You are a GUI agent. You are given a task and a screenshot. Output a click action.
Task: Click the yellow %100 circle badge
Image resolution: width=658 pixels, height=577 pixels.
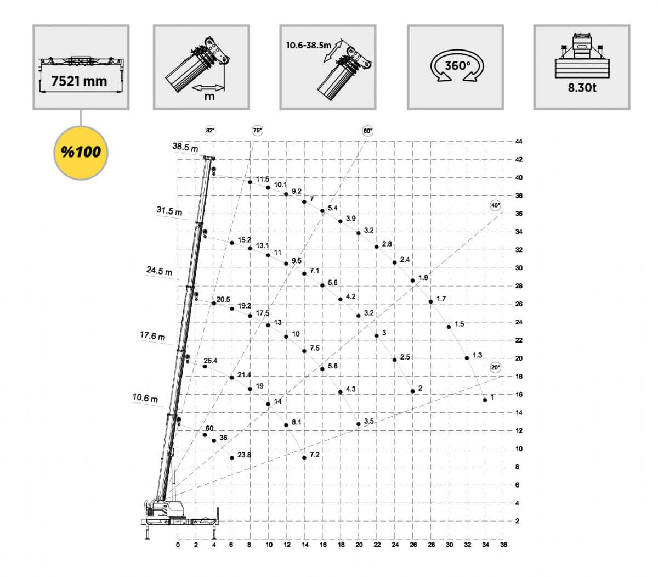81,153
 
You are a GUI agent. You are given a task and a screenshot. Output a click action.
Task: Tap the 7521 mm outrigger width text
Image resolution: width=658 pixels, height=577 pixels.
79,81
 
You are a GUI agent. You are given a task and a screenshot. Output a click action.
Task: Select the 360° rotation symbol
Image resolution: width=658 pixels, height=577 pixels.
457,66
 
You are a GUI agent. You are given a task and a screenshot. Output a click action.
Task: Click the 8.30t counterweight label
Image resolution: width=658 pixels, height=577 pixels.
582,88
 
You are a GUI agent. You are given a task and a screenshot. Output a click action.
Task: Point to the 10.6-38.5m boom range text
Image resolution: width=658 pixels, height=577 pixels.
308,46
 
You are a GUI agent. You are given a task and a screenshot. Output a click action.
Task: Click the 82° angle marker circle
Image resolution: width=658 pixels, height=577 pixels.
210,131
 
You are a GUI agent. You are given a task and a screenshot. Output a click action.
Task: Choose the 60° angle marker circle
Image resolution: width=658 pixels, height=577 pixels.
367,131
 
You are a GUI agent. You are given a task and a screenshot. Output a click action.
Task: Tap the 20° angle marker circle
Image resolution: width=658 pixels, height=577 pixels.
495,367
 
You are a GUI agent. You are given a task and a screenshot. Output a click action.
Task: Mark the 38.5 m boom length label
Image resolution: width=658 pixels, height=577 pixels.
185,147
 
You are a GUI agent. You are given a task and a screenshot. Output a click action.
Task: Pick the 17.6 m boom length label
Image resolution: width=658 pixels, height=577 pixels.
152,335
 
